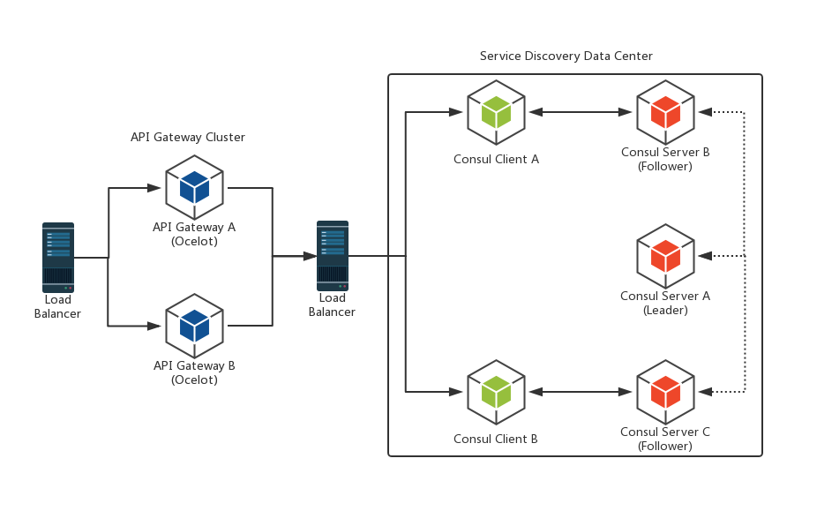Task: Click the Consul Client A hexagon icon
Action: click(496, 112)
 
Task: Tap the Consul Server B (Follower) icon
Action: click(665, 112)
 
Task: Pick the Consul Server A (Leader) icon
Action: click(665, 256)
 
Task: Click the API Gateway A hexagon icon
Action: click(194, 188)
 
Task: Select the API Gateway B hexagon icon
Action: click(194, 326)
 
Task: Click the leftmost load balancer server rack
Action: click(58, 257)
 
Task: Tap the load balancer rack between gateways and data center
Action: click(333, 256)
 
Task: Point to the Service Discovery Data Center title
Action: click(566, 56)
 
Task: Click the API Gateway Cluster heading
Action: click(188, 138)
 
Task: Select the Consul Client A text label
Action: click(496, 160)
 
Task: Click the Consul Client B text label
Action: click(496, 440)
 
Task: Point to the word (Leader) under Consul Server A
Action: click(665, 311)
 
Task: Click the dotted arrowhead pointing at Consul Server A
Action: click(705, 256)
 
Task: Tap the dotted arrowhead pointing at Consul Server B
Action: click(705, 112)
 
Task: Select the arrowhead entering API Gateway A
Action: click(154, 188)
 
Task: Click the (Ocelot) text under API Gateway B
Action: click(194, 380)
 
